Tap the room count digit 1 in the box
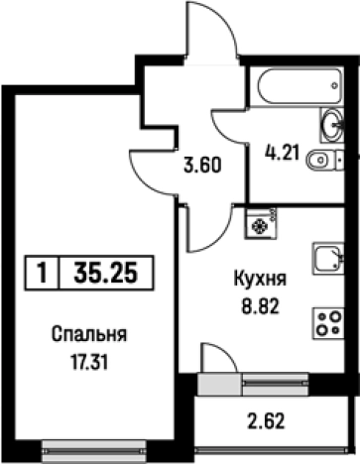point(42,272)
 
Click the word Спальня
point(79,334)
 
